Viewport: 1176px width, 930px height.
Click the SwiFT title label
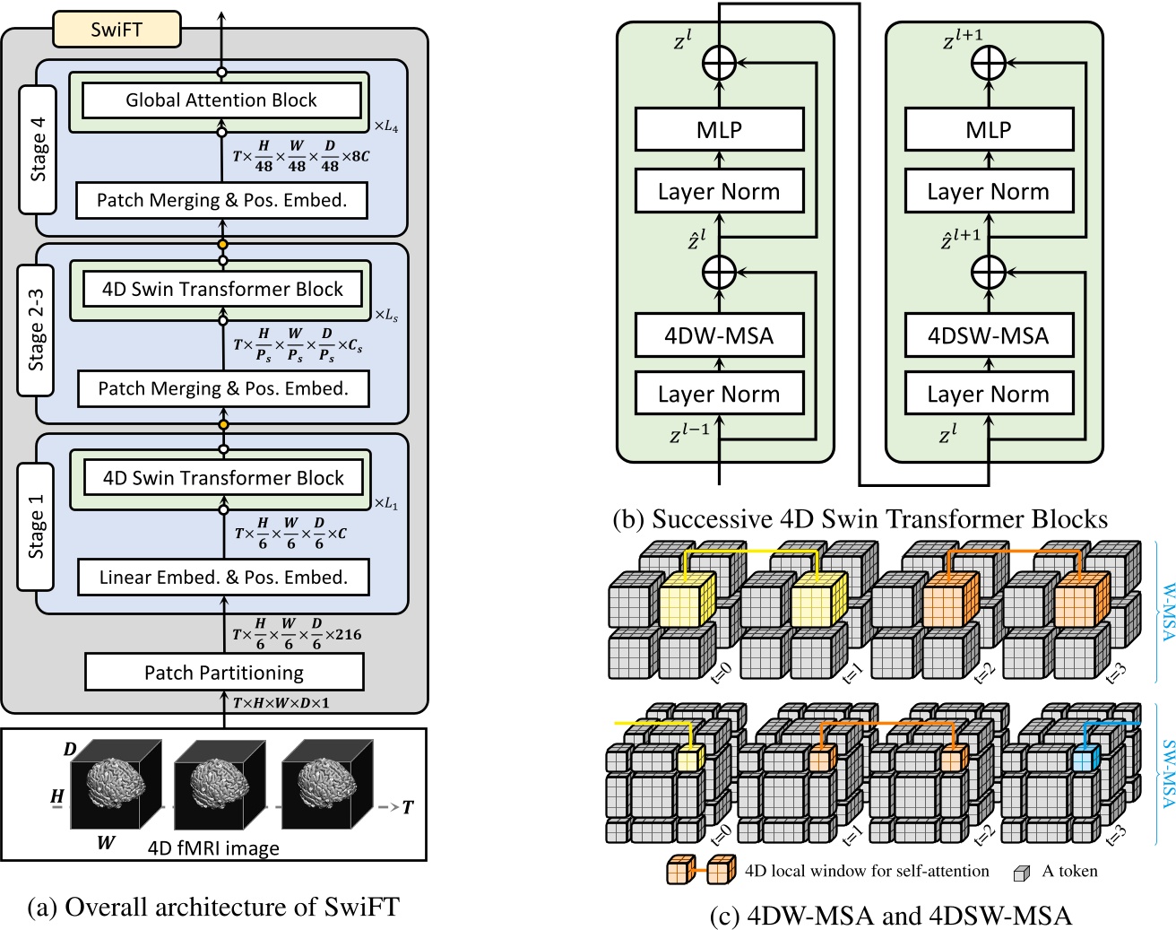(117, 30)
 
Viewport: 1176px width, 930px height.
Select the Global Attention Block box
(221, 100)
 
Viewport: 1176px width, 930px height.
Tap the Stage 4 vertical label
(38, 149)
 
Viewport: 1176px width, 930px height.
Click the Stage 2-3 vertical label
(36, 330)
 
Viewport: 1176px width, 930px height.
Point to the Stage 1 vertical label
(36, 526)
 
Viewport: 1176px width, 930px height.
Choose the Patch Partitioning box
(224, 672)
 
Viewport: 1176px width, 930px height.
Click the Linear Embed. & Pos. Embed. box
(223, 577)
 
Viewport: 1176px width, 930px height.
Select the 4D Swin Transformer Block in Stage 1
(223, 478)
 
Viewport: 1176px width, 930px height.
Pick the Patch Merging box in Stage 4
(222, 200)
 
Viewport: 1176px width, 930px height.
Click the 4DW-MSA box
(719, 335)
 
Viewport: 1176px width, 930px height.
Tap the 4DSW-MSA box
(989, 335)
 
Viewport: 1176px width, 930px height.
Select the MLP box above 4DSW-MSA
(989, 129)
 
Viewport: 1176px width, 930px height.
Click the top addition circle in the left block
(719, 63)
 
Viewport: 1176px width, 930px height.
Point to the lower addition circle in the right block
(989, 272)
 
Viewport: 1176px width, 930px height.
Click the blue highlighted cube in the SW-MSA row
(1085, 759)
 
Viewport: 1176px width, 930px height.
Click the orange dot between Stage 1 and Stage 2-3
(223, 425)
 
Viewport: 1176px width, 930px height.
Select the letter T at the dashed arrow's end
(408, 807)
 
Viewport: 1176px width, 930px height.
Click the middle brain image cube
(220, 785)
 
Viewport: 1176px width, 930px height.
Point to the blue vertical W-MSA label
(1168, 612)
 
